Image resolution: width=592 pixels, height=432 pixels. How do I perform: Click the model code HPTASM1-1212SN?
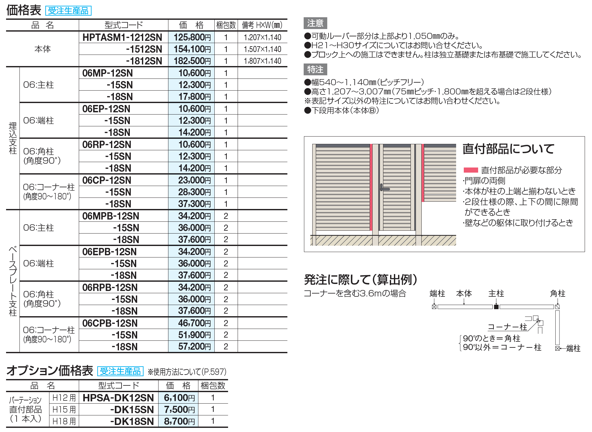[x=122, y=37]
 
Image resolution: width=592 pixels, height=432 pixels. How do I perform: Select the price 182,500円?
[x=192, y=61]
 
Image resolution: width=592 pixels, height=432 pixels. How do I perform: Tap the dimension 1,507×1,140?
[x=262, y=49]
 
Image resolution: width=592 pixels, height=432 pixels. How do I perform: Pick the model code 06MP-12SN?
[x=107, y=73]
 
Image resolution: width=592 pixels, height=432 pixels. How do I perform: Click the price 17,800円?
[x=194, y=97]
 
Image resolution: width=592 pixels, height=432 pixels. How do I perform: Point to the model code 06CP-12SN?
[x=107, y=180]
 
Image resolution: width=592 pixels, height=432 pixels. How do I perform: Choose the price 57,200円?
[x=194, y=346]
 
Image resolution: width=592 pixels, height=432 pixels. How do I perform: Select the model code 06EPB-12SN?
[x=109, y=252]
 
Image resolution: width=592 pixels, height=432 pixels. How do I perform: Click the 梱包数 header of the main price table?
[x=226, y=25]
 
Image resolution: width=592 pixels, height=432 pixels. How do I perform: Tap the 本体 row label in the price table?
[x=42, y=49]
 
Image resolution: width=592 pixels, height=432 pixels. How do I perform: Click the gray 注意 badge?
[x=315, y=23]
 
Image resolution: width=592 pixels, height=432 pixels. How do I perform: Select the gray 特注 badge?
[x=315, y=69]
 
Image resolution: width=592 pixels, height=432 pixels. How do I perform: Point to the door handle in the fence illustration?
[x=383, y=188]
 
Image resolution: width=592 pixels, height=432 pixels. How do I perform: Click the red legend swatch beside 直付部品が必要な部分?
[x=470, y=170]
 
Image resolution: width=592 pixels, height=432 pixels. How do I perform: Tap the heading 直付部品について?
[x=508, y=149]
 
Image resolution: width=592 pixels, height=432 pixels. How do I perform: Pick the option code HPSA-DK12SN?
[x=118, y=398]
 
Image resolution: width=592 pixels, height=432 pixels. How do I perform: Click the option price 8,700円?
[x=179, y=421]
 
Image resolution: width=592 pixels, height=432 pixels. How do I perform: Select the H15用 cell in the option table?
[x=64, y=410]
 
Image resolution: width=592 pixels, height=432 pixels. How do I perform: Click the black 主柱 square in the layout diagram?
[x=496, y=307]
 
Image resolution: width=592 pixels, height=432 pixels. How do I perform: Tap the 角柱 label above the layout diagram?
[x=558, y=294]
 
